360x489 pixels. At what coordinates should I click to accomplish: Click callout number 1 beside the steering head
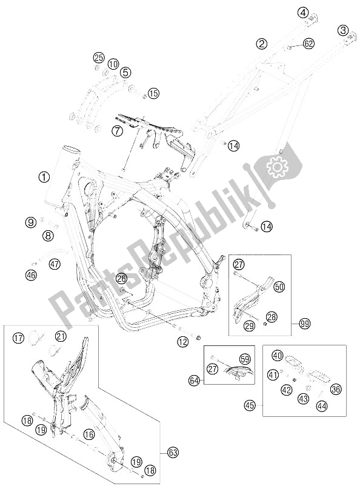44,177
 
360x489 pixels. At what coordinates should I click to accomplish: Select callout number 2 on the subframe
262,44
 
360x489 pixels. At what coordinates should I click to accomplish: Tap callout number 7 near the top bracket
118,131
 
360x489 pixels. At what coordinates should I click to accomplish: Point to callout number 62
308,44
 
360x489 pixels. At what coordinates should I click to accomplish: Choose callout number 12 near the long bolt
184,342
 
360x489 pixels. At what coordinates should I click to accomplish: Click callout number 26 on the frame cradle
122,278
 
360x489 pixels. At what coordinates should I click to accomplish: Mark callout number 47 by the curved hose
55,265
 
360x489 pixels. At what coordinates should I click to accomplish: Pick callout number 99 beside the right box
304,324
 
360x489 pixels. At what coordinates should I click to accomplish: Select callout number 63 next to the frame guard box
173,452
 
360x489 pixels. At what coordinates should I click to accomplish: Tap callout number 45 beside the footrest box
250,405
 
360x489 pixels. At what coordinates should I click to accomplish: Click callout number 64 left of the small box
194,381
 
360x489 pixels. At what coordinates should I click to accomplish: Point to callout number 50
279,287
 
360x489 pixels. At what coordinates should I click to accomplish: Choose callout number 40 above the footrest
278,355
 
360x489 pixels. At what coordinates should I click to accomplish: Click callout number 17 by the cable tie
19,338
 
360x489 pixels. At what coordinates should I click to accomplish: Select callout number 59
245,359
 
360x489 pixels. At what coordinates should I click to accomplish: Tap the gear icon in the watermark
276,167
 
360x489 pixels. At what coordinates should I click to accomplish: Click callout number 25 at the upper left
99,58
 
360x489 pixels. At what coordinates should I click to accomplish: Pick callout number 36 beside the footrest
336,389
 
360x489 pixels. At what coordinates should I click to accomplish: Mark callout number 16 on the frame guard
89,434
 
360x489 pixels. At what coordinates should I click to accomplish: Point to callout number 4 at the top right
302,13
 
